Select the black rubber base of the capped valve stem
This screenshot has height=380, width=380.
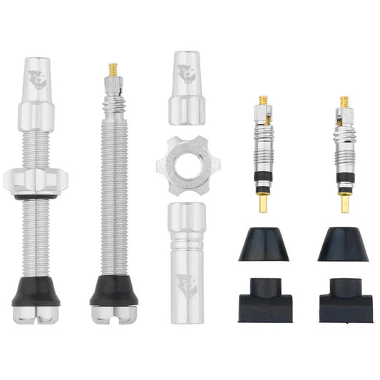coord(36,290)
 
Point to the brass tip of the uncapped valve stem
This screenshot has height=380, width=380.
coord(113,69)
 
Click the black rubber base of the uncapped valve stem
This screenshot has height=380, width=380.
coord(113,290)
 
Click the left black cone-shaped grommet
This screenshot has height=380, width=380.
coord(264,245)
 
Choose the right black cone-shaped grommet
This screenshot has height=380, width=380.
coord(344,245)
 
